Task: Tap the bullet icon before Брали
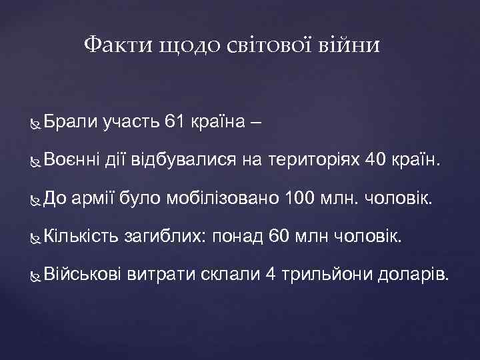pos(37,122)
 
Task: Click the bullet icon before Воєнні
pos(37,160)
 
